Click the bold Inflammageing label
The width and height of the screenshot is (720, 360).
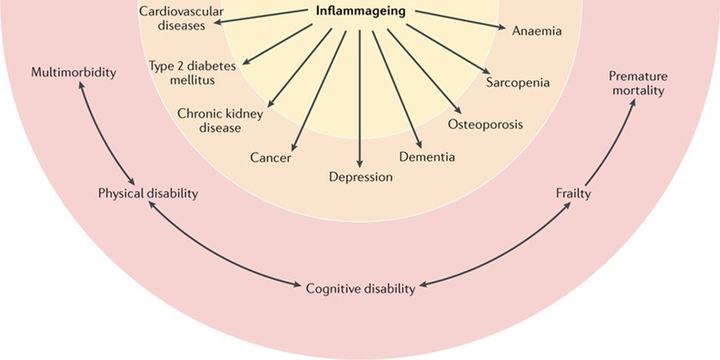coord(361,11)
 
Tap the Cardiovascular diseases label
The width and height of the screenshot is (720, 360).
coord(182,18)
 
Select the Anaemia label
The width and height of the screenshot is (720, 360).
coord(537,31)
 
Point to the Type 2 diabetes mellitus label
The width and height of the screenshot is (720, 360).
coord(192,74)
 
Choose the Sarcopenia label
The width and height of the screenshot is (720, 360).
coord(518,83)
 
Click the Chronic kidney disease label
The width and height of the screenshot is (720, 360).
coord(220,120)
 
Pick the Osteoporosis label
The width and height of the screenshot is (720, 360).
coord(486,124)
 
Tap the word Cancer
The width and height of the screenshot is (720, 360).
coord(270,158)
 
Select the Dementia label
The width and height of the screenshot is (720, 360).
coord(427,157)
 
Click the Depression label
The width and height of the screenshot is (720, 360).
coord(361,177)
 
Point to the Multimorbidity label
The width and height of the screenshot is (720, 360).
coord(74,73)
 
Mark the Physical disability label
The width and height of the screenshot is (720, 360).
coord(148,193)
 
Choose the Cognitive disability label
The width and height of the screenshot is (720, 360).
coord(361,288)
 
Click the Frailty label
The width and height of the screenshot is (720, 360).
coord(573,194)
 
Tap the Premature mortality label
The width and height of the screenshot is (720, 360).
coord(638,83)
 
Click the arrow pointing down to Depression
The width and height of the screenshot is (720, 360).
coord(360,99)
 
